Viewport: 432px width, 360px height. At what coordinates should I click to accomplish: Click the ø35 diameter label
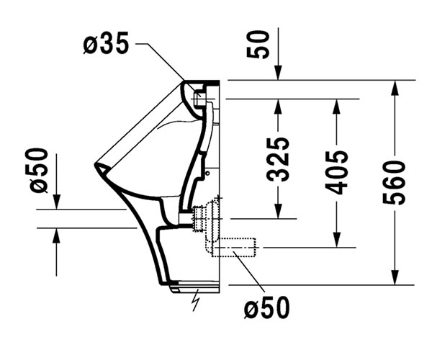point(106,44)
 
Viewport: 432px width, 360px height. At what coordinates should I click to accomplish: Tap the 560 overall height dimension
point(395,183)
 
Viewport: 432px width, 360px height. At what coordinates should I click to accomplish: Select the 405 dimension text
point(336,172)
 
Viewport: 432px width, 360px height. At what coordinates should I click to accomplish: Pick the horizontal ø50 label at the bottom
point(266,308)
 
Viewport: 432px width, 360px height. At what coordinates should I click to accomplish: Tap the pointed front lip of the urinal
point(96,166)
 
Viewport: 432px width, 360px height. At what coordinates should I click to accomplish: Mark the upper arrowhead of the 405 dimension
point(336,105)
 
